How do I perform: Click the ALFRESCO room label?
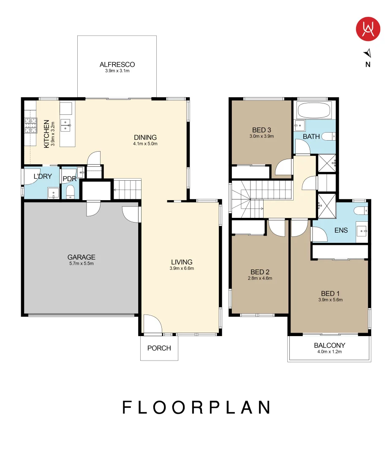117,64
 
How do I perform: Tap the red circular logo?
368,29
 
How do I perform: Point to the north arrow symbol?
367,53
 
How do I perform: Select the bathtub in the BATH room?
314,110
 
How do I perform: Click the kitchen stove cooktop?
30,125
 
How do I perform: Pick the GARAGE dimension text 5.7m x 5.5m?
82,263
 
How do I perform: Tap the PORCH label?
159,348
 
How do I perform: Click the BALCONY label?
329,345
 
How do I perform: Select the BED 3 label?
261,130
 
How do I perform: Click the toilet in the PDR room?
71,192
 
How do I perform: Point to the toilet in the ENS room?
362,210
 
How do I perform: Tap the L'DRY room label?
43,176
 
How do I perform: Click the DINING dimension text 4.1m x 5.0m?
145,144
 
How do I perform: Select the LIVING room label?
182,262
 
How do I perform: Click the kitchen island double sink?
65,125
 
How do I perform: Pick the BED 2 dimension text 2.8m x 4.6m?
260,278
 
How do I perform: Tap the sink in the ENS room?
362,232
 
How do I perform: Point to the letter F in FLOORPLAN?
128,407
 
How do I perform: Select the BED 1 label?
330,293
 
